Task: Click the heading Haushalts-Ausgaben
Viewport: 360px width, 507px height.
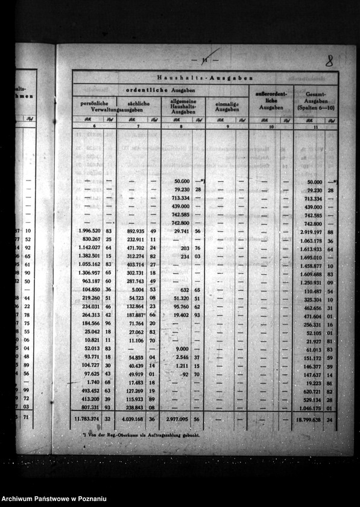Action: point(204,78)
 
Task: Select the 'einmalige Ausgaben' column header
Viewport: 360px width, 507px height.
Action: point(227,106)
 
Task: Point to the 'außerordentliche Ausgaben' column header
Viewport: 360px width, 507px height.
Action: point(271,101)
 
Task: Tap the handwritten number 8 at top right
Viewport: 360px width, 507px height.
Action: point(329,60)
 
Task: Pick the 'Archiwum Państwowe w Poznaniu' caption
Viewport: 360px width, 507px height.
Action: point(54,498)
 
